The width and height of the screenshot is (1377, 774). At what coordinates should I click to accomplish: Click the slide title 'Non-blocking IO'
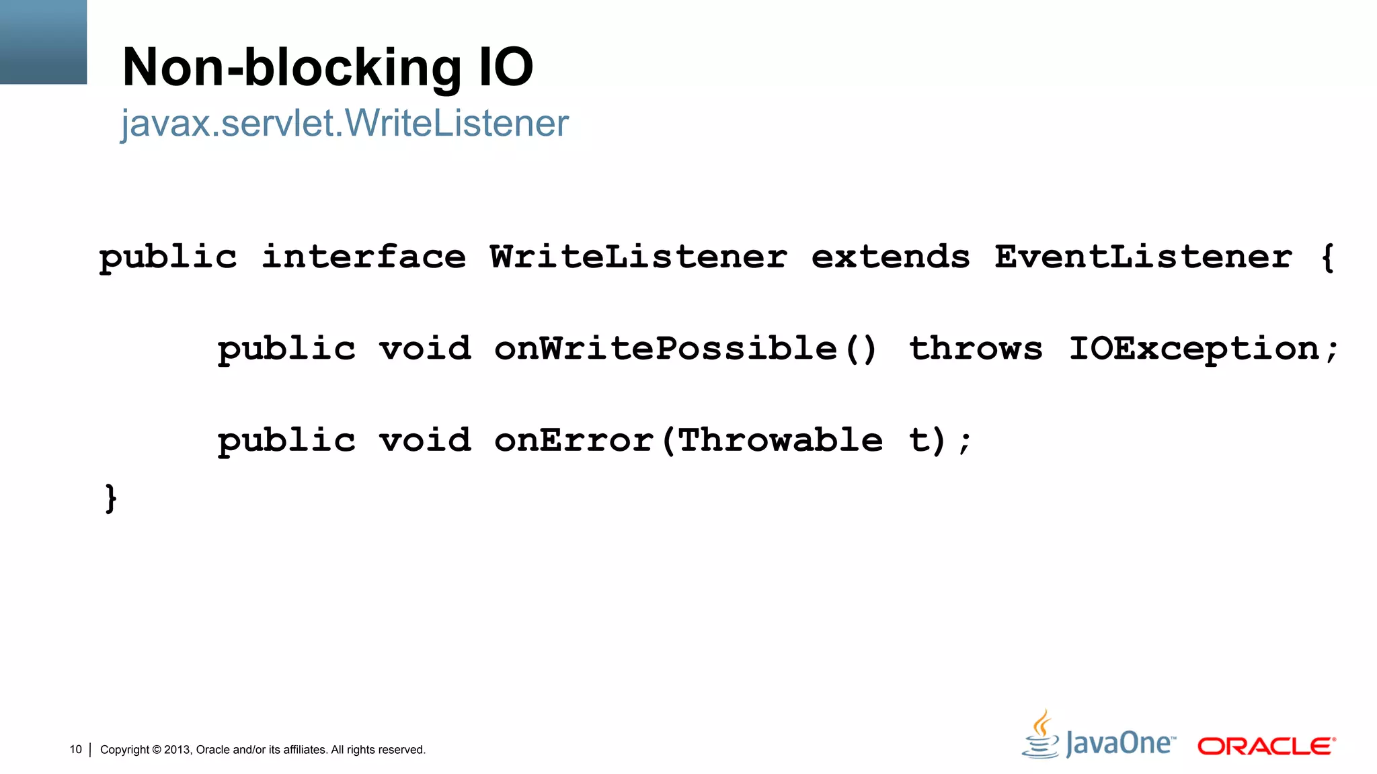[327, 67]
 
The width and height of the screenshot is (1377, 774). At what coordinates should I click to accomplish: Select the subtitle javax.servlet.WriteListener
[344, 124]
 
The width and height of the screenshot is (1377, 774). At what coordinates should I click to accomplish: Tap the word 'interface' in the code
[363, 257]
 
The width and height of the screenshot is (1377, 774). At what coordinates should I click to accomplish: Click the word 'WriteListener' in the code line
[638, 257]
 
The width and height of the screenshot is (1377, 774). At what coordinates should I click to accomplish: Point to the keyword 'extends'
[890, 257]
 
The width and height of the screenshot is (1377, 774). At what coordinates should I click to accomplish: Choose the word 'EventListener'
[1143, 257]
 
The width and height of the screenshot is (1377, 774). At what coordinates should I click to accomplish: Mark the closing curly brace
[111, 499]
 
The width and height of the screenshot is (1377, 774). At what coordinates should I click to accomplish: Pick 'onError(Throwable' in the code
[688, 441]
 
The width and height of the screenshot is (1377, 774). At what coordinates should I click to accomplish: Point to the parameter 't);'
[939, 441]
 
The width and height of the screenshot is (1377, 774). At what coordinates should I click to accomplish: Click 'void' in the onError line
[425, 441]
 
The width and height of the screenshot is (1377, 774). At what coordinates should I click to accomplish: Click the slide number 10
[75, 749]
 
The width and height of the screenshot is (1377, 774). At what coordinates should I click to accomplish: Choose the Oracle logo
[1266, 746]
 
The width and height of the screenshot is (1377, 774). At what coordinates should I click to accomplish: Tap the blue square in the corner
[43, 42]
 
